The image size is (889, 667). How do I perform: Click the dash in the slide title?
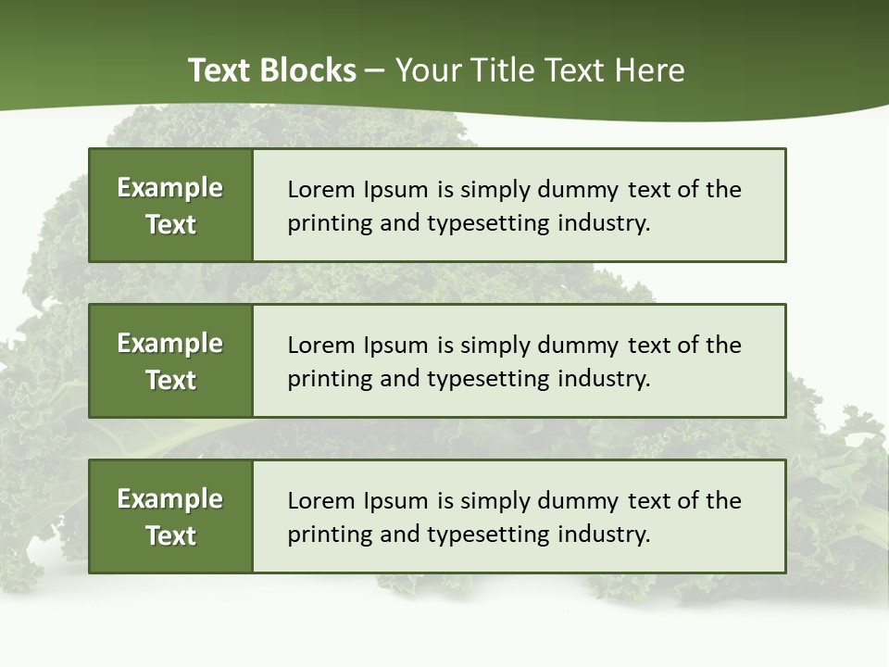pyautogui.click(x=375, y=70)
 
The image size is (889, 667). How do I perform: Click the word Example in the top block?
pyautogui.click(x=169, y=188)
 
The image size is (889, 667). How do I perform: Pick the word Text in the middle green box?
pyautogui.click(x=170, y=380)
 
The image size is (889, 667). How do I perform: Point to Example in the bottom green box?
pyautogui.click(x=169, y=499)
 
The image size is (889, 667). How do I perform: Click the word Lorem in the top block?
pyautogui.click(x=317, y=190)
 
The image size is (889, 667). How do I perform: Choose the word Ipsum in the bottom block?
pyautogui.click(x=393, y=501)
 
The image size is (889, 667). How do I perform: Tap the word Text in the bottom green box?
pyautogui.click(x=170, y=535)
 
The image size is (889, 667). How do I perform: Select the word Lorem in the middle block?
pyautogui.click(x=317, y=346)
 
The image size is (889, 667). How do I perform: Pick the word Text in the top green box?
pyautogui.click(x=170, y=224)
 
